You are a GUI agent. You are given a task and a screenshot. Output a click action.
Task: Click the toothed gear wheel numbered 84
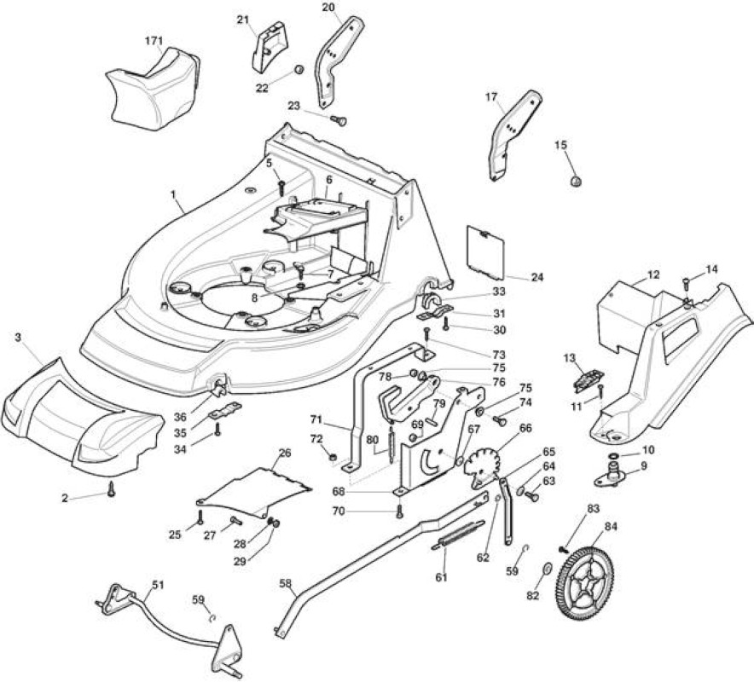(586, 584)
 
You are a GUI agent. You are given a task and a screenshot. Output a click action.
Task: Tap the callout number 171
(154, 40)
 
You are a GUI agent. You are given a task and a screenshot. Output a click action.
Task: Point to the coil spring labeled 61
(457, 534)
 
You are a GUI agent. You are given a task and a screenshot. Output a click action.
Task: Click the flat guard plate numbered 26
(255, 491)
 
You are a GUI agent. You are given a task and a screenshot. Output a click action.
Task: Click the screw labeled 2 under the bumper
(112, 488)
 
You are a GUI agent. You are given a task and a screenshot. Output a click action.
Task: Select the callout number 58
(285, 583)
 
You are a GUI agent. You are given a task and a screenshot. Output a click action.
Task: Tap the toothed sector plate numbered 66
(481, 465)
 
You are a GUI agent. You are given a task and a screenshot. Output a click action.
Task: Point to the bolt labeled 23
(339, 120)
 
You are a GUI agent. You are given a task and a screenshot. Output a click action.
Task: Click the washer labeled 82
(548, 569)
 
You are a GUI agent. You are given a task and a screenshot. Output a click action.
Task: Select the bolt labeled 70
(398, 511)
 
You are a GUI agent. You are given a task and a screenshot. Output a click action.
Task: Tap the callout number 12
(653, 275)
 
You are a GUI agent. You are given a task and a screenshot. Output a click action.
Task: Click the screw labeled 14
(686, 285)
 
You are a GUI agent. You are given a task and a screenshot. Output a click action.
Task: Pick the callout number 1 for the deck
(173, 194)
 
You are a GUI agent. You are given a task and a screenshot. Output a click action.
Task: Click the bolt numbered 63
(532, 496)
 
